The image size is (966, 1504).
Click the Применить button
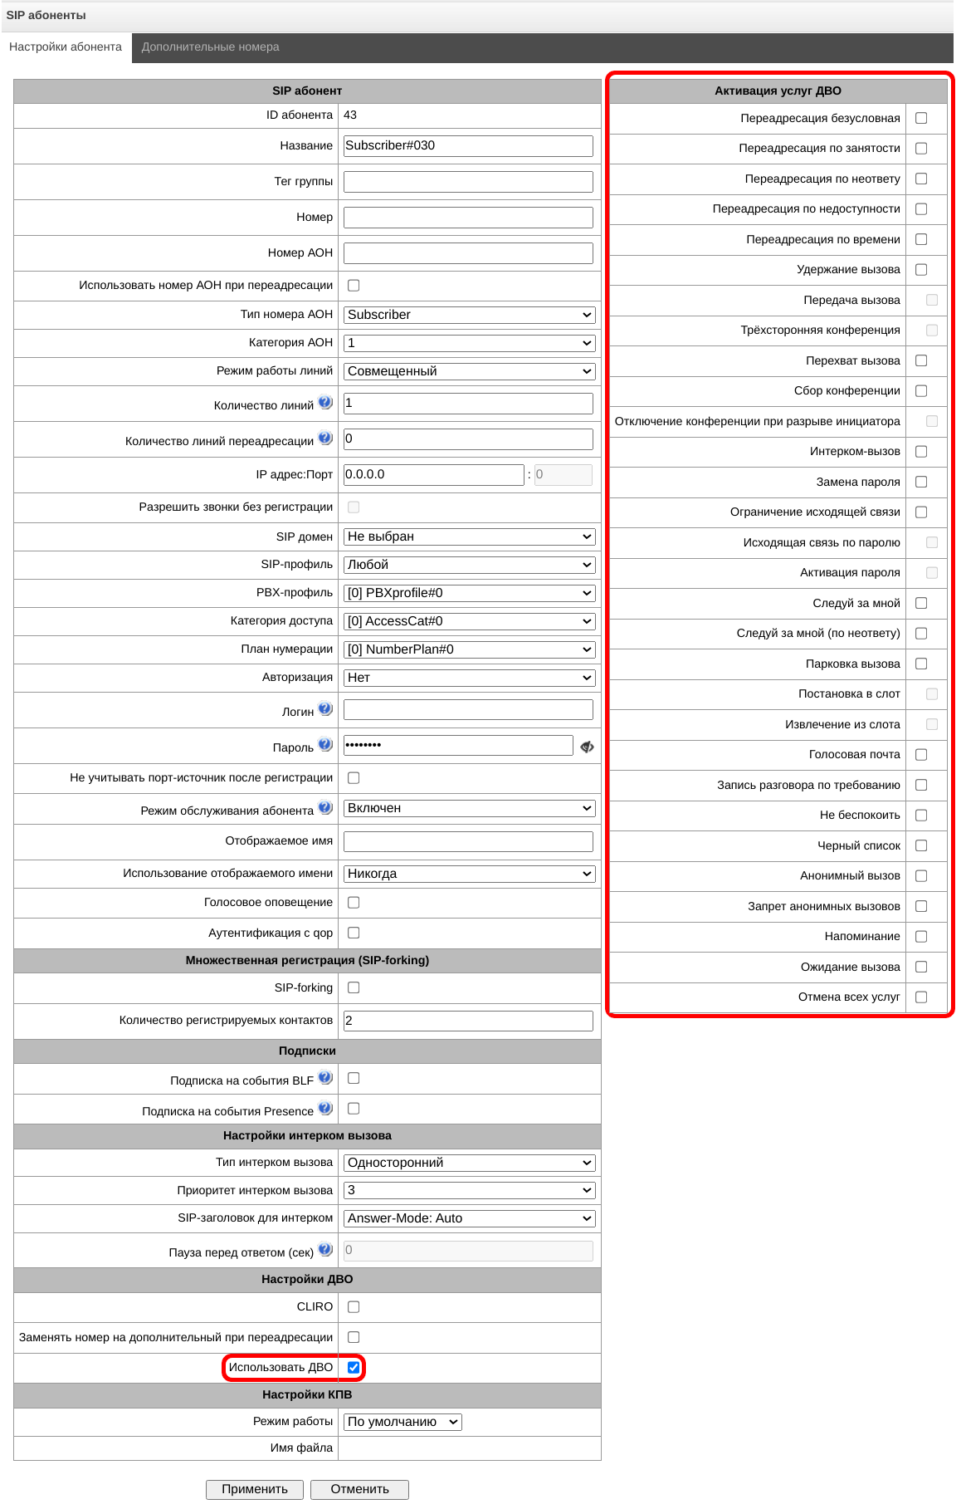coord(255,1489)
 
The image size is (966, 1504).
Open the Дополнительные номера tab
coord(210,47)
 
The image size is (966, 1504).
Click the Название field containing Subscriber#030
coord(468,146)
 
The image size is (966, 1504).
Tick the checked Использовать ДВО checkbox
coord(354,1367)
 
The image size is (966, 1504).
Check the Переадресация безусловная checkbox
coord(921,118)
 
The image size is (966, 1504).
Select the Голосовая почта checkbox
coord(921,755)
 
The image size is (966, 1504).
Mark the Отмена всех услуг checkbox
coord(921,997)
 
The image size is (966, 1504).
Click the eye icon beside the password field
coord(587,747)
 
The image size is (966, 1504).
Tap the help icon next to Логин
coord(325,709)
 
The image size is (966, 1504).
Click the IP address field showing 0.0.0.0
coord(433,475)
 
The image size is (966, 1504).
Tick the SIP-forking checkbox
coord(354,987)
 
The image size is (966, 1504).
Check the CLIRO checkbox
coord(354,1306)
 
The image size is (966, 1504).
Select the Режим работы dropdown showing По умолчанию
coord(402,1422)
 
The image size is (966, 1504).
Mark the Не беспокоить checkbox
coord(921,816)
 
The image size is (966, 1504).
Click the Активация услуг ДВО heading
coord(778,91)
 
